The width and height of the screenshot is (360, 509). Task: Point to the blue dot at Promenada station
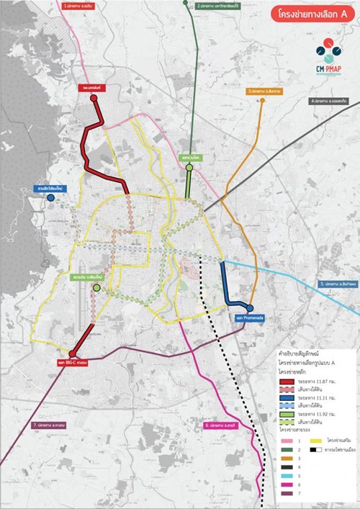point(250,308)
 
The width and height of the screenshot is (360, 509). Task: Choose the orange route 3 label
point(266,91)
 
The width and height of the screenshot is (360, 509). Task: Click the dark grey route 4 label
point(330,102)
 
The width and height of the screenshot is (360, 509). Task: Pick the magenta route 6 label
point(221,425)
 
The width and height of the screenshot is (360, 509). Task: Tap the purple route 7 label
point(49,425)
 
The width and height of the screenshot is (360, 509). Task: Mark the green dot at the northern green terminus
point(189,168)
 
